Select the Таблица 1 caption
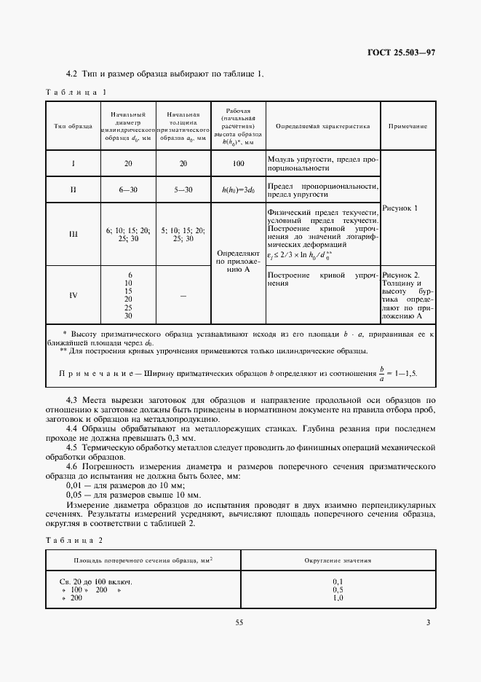(x=76, y=93)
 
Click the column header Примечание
(x=408, y=126)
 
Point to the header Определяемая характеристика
(x=322, y=126)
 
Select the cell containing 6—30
(x=128, y=189)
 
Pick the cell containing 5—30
(x=183, y=189)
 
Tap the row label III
(x=73, y=234)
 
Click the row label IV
(x=73, y=295)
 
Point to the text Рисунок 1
(x=400, y=208)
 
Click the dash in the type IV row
(x=183, y=295)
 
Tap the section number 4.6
(x=73, y=466)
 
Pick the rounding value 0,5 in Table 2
(x=337, y=589)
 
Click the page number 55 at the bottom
(x=239, y=622)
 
